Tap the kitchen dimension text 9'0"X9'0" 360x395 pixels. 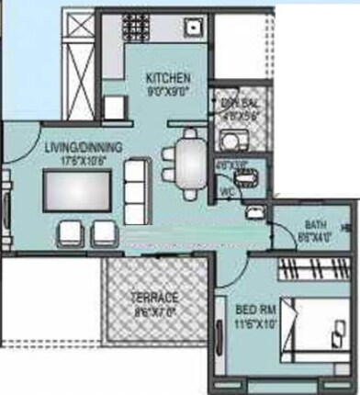click(167, 92)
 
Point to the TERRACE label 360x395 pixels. click(154, 299)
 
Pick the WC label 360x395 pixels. click(226, 191)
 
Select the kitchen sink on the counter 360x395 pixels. click(193, 26)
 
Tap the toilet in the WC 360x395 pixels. click(251, 172)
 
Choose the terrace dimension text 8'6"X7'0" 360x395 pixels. click(154, 312)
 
